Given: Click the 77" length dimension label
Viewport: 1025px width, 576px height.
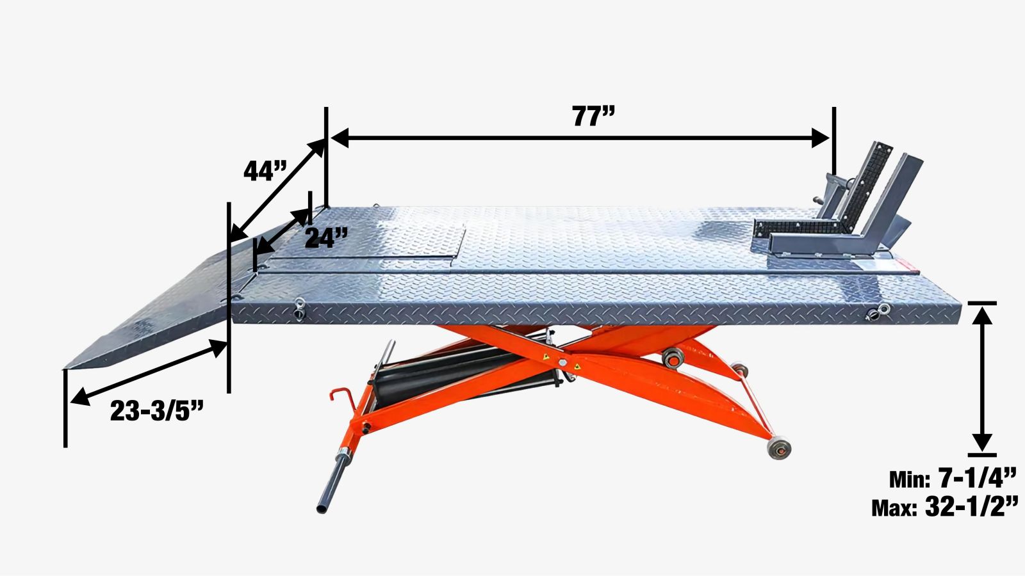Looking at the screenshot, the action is [x=593, y=116].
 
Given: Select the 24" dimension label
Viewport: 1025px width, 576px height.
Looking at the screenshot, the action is [x=326, y=237].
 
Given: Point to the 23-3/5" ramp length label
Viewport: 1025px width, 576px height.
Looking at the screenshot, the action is [x=157, y=411].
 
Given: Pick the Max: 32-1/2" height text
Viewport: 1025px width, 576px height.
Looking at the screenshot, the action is [x=945, y=506].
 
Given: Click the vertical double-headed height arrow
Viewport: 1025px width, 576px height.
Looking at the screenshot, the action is [x=982, y=379].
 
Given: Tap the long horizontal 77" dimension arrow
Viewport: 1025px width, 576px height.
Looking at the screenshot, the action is [x=580, y=138].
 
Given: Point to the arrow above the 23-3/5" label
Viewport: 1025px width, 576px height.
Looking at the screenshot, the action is [x=149, y=372].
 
